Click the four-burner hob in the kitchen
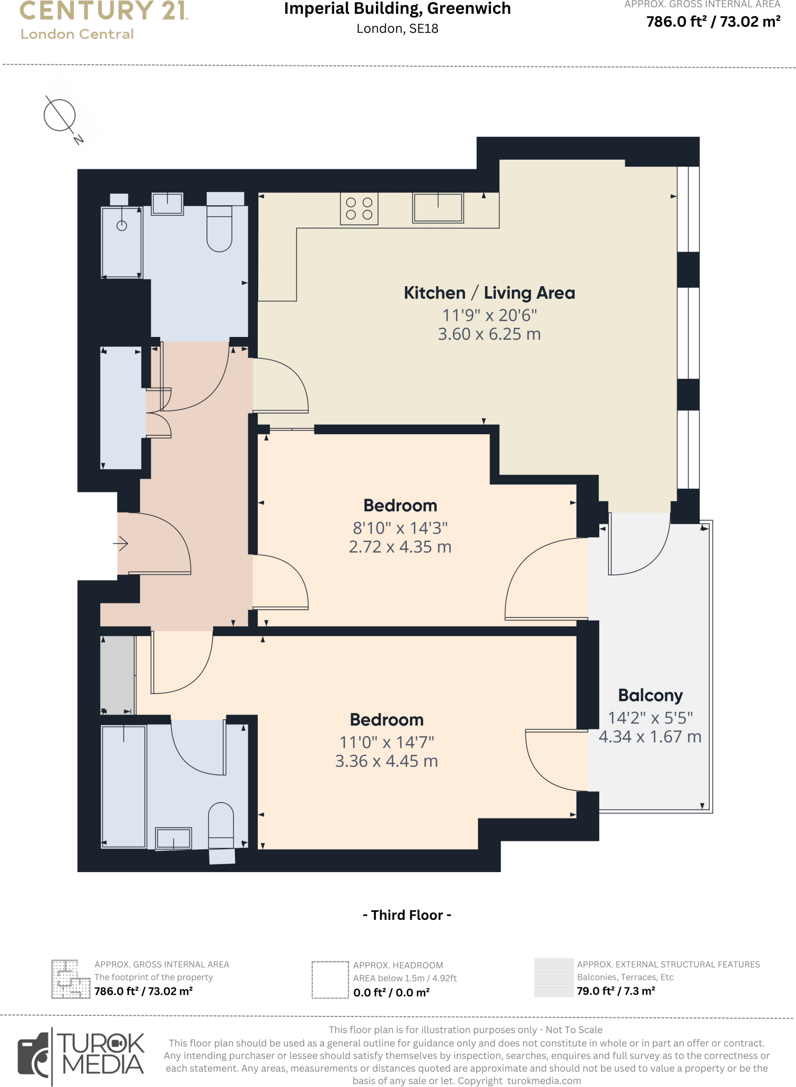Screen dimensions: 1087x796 pyautogui.click(x=359, y=209)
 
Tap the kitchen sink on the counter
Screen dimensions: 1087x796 pyautogui.click(x=438, y=208)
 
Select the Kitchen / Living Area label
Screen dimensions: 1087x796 pyautogui.click(x=489, y=293)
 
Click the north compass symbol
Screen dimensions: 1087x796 pyautogui.click(x=60, y=116)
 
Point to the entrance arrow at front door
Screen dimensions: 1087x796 pyautogui.click(x=121, y=543)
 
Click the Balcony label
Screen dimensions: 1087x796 pyautogui.click(x=650, y=695)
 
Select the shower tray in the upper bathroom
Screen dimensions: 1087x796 pyautogui.click(x=122, y=243)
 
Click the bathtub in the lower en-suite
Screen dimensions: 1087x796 pyautogui.click(x=124, y=787)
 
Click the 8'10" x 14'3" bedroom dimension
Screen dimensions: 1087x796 pyautogui.click(x=400, y=528)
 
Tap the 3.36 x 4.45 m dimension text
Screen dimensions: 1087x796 pyautogui.click(x=386, y=761)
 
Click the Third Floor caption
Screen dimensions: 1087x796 pyautogui.click(x=407, y=915)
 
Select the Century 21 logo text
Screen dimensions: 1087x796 pyautogui.click(x=104, y=12)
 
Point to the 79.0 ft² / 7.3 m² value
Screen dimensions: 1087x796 pyautogui.click(x=616, y=991)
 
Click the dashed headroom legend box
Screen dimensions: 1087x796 pyautogui.click(x=330, y=980)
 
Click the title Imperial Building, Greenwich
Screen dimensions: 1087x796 pyautogui.click(x=397, y=9)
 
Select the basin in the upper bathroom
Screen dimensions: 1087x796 pyautogui.click(x=168, y=203)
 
